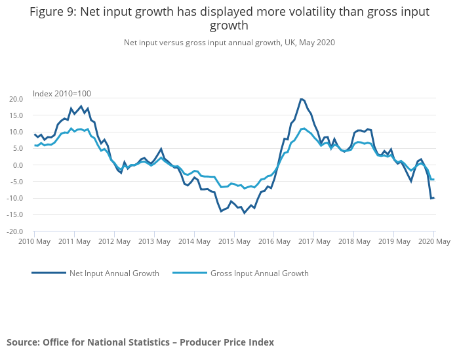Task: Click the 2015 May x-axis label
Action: tap(233, 242)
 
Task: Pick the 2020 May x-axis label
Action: tap(433, 242)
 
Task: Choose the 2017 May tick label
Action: tap(313, 242)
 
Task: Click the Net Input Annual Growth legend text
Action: tap(114, 273)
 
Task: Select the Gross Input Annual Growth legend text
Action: tap(259, 273)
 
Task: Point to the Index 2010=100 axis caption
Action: tap(62, 94)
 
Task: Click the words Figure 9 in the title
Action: tap(52, 12)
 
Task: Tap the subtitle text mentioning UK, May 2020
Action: tap(229, 43)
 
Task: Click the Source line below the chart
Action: tap(140, 342)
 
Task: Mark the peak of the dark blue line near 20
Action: tap(301, 99)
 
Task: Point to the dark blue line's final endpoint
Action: tap(434, 197)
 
